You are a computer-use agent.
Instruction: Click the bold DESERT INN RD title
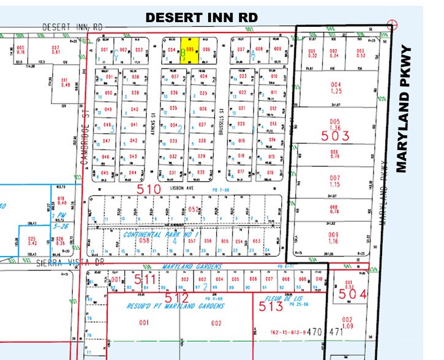tap(201, 17)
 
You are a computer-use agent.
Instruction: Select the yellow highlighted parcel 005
tap(190, 50)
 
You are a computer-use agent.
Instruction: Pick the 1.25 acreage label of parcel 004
tap(335, 91)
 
